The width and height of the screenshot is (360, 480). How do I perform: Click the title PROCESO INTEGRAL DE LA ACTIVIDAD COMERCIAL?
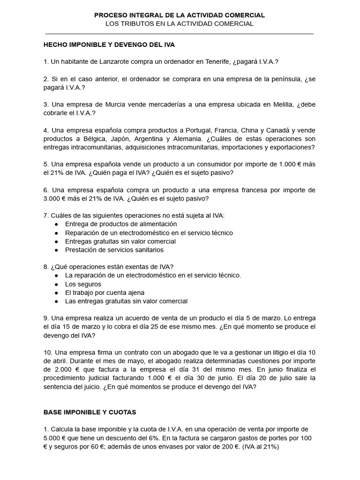click(180, 15)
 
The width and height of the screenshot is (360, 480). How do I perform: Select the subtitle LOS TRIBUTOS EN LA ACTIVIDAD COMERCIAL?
click(180, 24)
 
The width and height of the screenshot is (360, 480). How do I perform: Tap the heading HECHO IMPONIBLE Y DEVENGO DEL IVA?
click(109, 45)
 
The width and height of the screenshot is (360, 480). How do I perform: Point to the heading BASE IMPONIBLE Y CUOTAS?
click(90, 412)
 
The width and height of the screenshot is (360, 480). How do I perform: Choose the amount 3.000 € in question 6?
click(55, 198)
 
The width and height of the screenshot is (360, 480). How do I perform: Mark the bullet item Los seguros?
click(83, 284)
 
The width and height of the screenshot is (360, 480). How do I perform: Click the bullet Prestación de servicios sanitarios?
click(114, 250)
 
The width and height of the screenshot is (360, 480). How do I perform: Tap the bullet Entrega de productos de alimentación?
click(114, 224)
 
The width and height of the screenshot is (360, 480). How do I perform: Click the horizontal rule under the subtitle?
click(180, 34)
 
